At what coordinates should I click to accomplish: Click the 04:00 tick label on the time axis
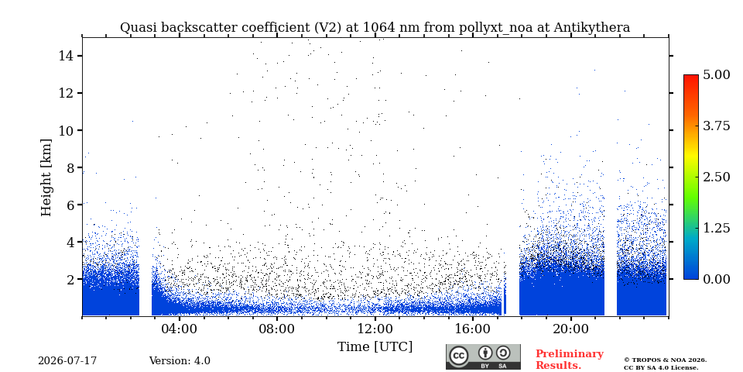coord(180,329)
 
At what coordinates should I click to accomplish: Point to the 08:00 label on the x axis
coord(277,329)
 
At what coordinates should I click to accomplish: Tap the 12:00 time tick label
coord(375,329)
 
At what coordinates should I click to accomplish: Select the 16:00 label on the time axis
coord(472,329)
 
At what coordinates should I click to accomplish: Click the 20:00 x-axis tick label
coord(570,329)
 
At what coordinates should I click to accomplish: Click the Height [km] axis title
coord(46,177)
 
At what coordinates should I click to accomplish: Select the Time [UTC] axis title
coord(375,347)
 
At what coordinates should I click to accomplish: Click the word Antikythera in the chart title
coord(591,28)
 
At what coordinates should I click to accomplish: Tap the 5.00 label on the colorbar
coord(717,74)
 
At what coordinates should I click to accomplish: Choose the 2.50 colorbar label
coord(717,177)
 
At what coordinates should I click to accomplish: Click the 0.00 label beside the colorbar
coord(717,279)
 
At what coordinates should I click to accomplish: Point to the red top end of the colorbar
coord(691,77)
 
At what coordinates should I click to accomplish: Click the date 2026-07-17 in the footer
coord(67,360)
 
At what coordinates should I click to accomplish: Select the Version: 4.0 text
coord(180,360)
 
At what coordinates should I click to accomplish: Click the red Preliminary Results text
coord(570,360)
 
